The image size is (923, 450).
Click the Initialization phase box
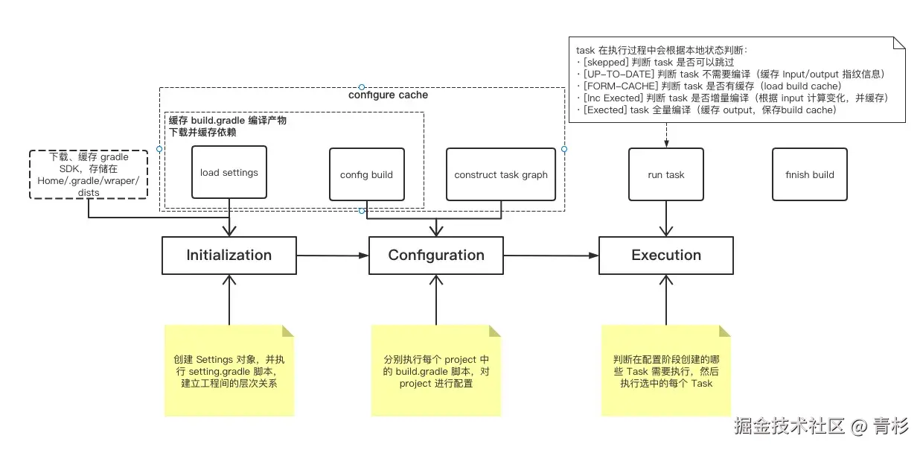(x=229, y=256)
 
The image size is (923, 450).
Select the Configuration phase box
(x=436, y=256)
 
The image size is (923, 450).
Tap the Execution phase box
(x=666, y=256)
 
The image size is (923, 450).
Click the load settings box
(x=229, y=173)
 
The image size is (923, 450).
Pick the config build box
(x=366, y=174)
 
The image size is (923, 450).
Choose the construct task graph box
(x=501, y=174)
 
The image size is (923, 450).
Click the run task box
(x=666, y=174)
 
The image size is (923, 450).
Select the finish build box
(x=810, y=174)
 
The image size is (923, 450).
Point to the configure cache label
(x=388, y=95)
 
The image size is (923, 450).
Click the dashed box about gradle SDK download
(x=89, y=174)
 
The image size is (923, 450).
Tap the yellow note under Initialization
(x=229, y=371)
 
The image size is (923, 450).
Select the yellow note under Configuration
(x=436, y=371)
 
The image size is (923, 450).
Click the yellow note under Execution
(x=666, y=371)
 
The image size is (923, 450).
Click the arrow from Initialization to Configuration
(x=333, y=256)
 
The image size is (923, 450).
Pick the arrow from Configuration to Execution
(x=551, y=256)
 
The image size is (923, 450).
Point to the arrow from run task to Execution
(x=666, y=219)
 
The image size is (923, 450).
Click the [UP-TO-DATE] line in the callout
(x=729, y=75)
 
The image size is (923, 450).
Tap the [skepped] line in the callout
(x=655, y=63)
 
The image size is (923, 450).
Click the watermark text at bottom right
(x=820, y=427)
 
